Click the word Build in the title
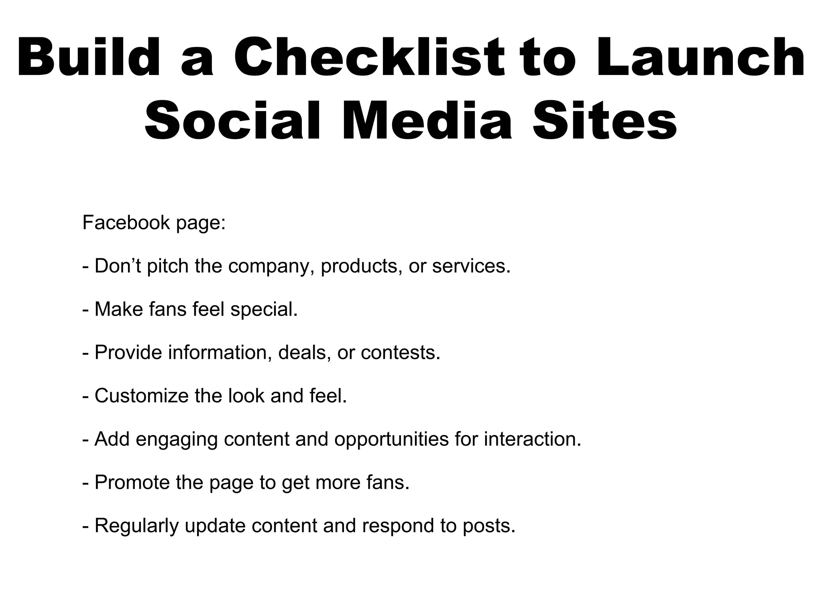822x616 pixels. click(x=88, y=57)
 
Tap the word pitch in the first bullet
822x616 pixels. click(x=168, y=266)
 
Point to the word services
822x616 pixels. click(x=471, y=266)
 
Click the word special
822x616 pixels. click(x=264, y=310)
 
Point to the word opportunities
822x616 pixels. click(x=391, y=440)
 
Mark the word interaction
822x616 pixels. click(x=533, y=439)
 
